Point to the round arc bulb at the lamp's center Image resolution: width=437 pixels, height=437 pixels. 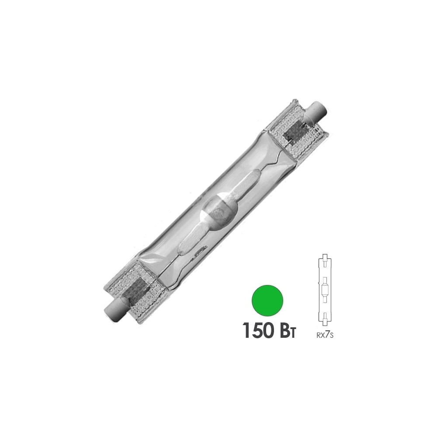[218, 212]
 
